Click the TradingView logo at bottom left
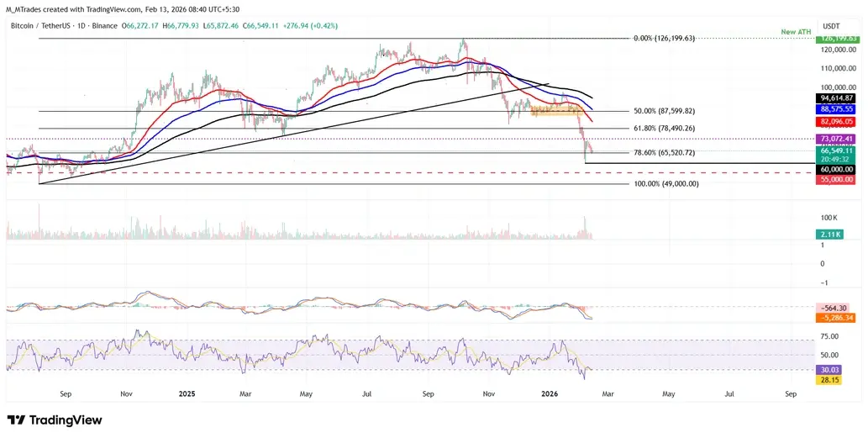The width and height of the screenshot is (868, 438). point(55,420)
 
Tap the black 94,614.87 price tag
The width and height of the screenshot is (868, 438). point(837,98)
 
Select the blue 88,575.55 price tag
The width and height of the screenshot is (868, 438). point(837,109)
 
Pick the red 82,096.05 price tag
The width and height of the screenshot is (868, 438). point(837,121)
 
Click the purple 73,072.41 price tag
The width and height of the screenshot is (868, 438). point(837,138)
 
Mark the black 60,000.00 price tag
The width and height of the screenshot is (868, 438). point(837,169)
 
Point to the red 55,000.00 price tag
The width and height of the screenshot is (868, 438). point(837,180)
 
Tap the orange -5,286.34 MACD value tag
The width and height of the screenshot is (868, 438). point(837,319)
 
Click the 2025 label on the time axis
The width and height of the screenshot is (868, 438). point(187,393)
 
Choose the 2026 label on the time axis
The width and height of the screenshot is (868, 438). point(550,393)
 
